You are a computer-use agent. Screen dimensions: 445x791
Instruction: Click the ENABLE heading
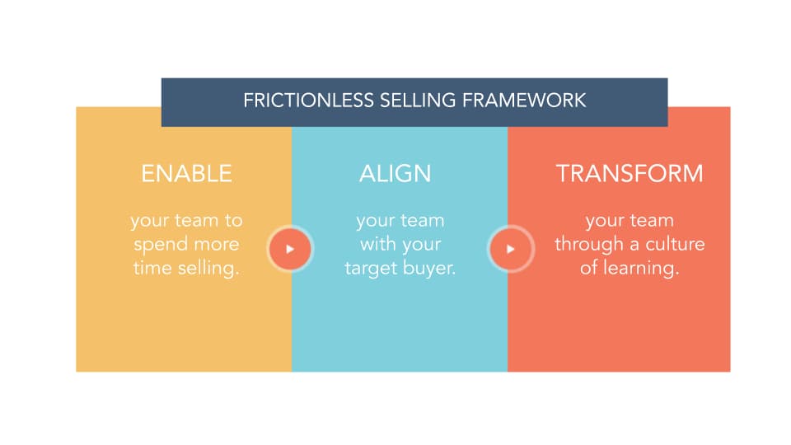186,174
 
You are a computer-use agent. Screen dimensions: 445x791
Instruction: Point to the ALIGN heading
395,174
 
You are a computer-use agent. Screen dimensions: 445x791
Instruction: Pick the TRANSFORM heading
630,174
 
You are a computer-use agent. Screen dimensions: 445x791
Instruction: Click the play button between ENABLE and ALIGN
290,248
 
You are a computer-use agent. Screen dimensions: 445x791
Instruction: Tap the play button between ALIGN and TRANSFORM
510,248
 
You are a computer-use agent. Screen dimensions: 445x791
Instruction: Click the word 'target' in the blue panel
372,269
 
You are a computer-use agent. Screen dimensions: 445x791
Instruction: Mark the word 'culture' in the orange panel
675,245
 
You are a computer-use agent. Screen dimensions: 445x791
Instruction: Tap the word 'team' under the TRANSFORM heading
651,221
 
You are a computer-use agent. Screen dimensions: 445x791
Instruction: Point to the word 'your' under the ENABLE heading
149,221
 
